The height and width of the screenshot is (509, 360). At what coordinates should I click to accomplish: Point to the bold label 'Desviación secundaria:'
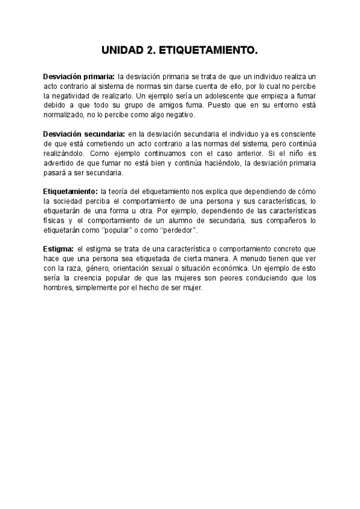pyautogui.click(x=83, y=133)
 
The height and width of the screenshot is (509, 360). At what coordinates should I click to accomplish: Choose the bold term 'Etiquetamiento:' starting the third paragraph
pyautogui.click(x=70, y=191)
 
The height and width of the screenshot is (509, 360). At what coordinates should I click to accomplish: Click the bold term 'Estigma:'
pyautogui.click(x=58, y=248)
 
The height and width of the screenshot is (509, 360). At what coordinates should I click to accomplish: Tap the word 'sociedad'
pyautogui.click(x=69, y=200)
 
